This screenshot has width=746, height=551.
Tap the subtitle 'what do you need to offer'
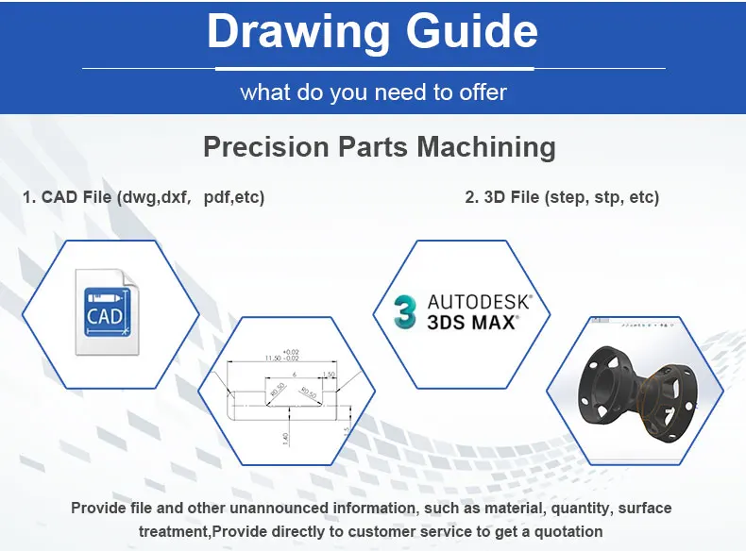(x=373, y=92)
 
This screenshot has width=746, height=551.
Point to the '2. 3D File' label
(x=505, y=198)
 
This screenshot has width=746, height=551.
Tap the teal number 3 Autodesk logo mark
(x=405, y=311)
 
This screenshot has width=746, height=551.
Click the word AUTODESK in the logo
(x=480, y=302)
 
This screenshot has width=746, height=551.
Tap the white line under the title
(x=373, y=68)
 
